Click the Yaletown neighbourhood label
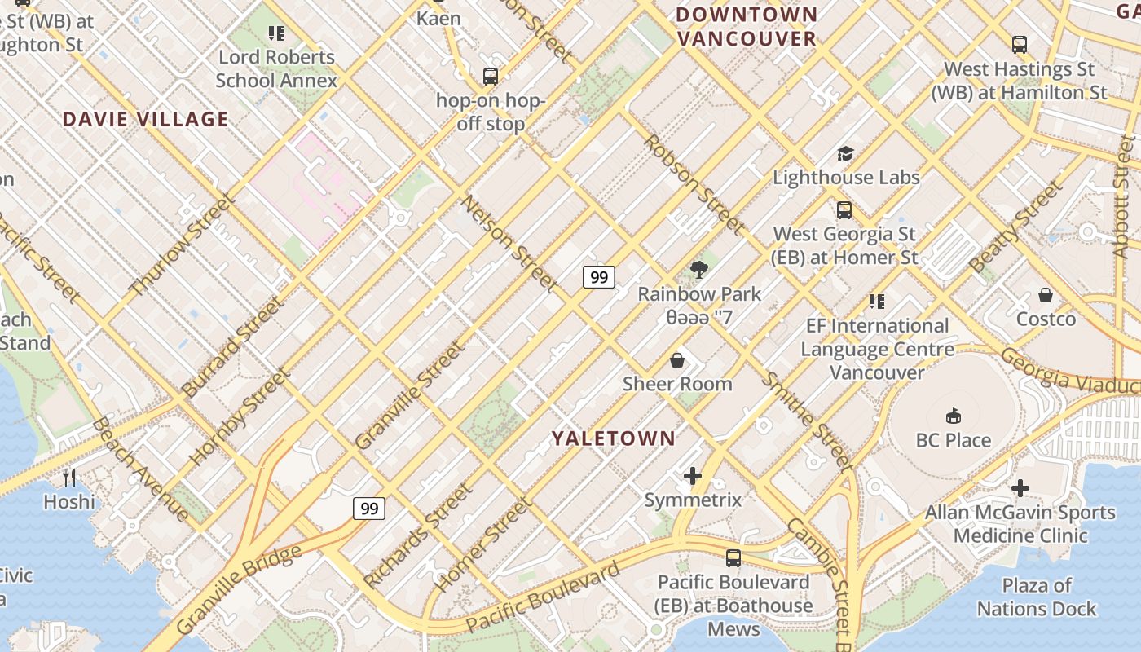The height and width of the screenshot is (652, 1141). (613, 438)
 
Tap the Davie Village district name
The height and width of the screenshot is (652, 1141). (145, 119)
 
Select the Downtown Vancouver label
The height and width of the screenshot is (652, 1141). (746, 26)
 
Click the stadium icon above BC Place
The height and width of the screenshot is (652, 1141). (953, 416)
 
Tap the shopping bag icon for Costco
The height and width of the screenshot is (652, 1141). (1046, 295)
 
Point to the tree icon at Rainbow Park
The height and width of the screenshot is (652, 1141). (698, 270)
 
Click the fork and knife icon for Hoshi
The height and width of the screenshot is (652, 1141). (69, 477)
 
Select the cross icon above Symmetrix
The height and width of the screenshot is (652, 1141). (693, 476)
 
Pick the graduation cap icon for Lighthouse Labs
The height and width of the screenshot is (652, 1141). (845, 153)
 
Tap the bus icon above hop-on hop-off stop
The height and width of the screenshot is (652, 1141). (490, 77)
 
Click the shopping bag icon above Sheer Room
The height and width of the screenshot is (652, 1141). (676, 359)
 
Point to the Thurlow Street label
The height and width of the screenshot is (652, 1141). (182, 245)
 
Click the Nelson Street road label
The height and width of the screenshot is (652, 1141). (509, 243)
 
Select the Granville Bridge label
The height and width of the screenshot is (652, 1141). (238, 589)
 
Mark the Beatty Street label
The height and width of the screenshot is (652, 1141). (1015, 226)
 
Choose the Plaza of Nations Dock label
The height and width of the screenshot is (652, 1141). (1037, 597)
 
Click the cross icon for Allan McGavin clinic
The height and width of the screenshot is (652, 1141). (1020, 488)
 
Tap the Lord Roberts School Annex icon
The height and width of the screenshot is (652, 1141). (276, 33)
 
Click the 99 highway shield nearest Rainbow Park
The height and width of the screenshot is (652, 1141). (599, 277)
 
